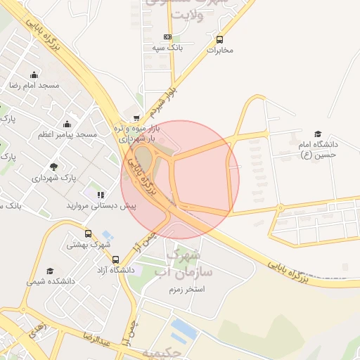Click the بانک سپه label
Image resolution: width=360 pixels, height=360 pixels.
coord(167,49)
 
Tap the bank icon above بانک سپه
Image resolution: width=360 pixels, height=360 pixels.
coord(167,37)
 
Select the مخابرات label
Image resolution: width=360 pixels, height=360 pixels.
coord(219,51)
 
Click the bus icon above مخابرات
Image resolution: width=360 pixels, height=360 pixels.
coord(220,39)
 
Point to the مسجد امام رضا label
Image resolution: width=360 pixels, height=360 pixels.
coord(34,85)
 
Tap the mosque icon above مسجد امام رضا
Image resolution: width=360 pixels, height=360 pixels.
coord(34,75)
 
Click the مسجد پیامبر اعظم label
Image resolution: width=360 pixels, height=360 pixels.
coord(67,134)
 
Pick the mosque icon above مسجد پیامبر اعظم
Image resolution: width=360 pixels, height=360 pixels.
coord(67,124)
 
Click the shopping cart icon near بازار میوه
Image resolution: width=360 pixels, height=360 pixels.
coord(136,118)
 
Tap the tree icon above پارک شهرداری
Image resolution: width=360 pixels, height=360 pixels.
coord(53,167)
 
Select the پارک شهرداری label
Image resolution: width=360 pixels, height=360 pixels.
coord(53,179)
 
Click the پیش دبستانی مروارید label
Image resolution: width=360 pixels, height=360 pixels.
coord(101,207)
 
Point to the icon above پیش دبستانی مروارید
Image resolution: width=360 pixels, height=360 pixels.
coord(101,195)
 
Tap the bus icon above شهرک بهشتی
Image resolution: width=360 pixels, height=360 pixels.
coord(88,234)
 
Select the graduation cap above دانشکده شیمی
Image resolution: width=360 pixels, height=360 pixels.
coord(50,271)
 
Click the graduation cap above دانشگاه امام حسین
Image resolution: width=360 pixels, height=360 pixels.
coord(317,134)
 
